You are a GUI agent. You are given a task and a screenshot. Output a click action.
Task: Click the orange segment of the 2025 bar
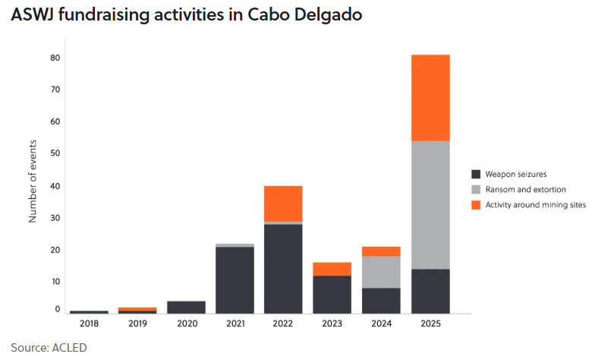click(x=430, y=98)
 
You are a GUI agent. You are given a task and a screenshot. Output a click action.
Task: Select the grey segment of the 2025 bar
click(x=430, y=205)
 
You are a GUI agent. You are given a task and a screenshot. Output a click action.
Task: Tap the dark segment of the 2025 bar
click(x=430, y=291)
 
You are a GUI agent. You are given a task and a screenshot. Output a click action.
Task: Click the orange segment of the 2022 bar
click(x=283, y=203)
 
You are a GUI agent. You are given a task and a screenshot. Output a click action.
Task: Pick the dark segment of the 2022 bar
click(x=283, y=268)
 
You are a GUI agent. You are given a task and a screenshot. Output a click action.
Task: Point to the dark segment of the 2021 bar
click(x=235, y=279)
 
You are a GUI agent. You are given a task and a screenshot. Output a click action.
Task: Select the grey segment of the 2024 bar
click(x=381, y=272)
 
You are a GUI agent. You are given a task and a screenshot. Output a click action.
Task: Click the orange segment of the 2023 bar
click(x=332, y=269)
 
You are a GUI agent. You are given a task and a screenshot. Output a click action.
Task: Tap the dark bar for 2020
click(x=186, y=307)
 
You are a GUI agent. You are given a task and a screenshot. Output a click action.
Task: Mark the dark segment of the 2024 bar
click(x=381, y=300)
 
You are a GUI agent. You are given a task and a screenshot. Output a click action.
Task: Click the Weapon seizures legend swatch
click(x=476, y=173)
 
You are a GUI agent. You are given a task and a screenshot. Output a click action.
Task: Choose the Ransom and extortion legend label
click(x=525, y=189)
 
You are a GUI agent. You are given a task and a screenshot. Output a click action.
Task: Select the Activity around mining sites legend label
click(x=535, y=205)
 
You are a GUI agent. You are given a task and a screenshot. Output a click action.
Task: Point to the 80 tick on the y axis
click(x=55, y=58)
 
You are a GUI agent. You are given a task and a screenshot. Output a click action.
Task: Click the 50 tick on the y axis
click(x=55, y=153)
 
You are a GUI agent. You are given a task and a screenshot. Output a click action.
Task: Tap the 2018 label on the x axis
click(x=89, y=324)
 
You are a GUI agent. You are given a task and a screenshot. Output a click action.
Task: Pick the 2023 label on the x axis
click(x=332, y=324)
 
